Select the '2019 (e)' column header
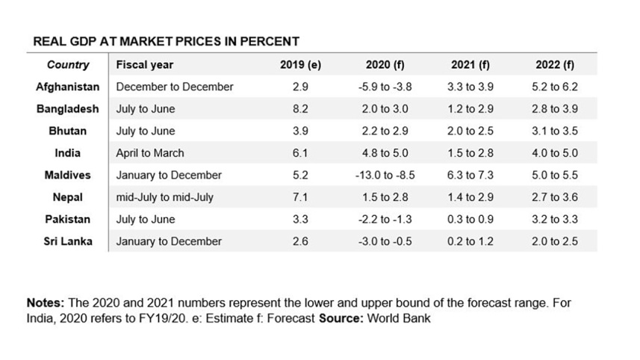coord(300,65)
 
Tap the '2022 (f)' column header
coord(555,65)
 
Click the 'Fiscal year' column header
coord(145,65)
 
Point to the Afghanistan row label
coord(68,87)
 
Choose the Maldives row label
coord(68,175)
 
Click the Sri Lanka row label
coord(68,241)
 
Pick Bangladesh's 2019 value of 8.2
coord(300,109)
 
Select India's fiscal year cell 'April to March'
coord(150,153)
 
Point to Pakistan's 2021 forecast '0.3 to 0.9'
coord(470,220)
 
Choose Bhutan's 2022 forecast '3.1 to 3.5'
coord(555,131)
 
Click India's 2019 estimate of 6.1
coord(300,153)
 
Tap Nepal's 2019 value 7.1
coord(300,197)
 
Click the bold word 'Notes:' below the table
coord(46,304)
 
